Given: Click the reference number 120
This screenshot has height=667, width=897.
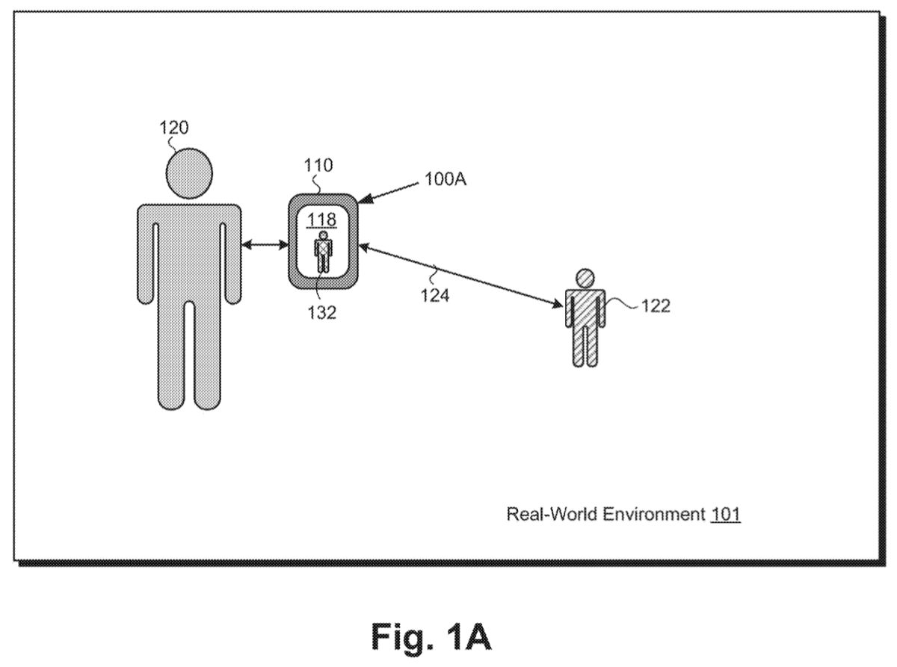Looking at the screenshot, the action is [174, 128].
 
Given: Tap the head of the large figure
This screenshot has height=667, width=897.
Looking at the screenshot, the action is [189, 173].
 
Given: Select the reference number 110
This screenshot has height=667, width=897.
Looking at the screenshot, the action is [318, 165].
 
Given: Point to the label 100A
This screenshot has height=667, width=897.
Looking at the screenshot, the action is [446, 179].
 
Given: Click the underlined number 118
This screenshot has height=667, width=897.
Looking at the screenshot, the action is [321, 220].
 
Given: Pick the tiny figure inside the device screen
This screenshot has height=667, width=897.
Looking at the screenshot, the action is [323, 252].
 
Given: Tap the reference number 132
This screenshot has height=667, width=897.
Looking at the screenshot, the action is [322, 312].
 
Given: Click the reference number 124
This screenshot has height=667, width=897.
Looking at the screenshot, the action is [435, 296].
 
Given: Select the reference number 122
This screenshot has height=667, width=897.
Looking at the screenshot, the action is [656, 305].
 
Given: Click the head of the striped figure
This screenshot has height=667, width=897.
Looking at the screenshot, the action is [585, 279].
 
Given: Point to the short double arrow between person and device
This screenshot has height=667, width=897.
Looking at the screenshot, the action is [265, 244].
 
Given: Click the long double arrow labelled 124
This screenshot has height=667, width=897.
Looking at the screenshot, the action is [460, 276].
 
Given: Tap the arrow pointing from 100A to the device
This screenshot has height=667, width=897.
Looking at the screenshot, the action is [387, 193].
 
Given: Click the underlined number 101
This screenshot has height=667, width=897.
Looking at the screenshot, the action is [726, 514].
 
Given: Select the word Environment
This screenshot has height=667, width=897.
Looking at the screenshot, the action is [654, 514].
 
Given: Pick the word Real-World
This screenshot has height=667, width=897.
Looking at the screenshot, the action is [552, 514].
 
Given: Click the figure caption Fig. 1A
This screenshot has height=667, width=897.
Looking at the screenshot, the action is [431, 636].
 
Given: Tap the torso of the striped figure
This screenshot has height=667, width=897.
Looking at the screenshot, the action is [585, 307].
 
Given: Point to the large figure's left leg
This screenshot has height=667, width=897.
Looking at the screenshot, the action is [170, 356].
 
